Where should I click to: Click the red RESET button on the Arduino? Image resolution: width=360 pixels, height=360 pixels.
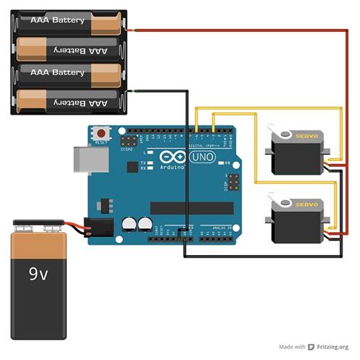[101, 134]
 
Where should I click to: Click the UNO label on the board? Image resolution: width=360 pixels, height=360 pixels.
[202, 156]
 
